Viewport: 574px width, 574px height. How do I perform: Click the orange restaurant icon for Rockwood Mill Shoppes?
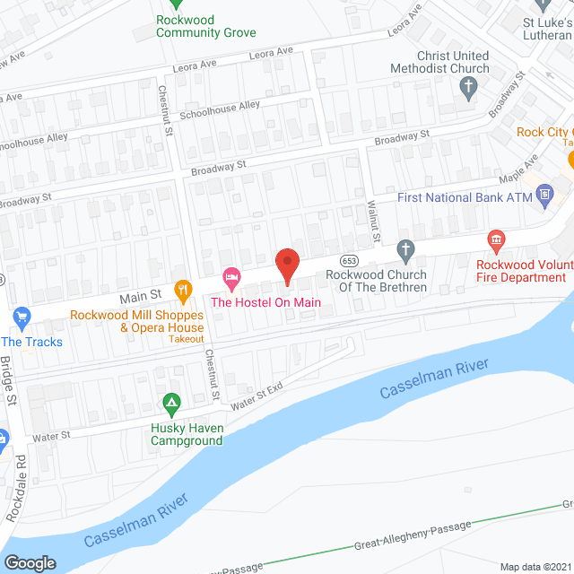[x=183, y=289]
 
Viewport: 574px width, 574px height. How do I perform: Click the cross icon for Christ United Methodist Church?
[x=467, y=87]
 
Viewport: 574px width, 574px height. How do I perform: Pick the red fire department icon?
[x=494, y=239]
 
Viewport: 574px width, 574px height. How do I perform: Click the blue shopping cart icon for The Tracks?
[x=23, y=317]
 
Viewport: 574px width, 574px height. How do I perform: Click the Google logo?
[x=30, y=562]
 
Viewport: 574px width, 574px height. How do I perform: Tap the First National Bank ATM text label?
[x=464, y=198]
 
